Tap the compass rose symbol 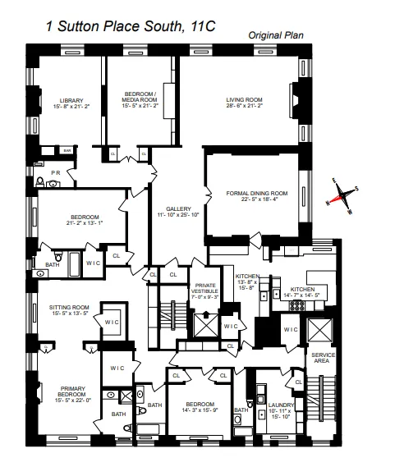(x=341, y=195)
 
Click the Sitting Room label (x=69, y=308)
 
